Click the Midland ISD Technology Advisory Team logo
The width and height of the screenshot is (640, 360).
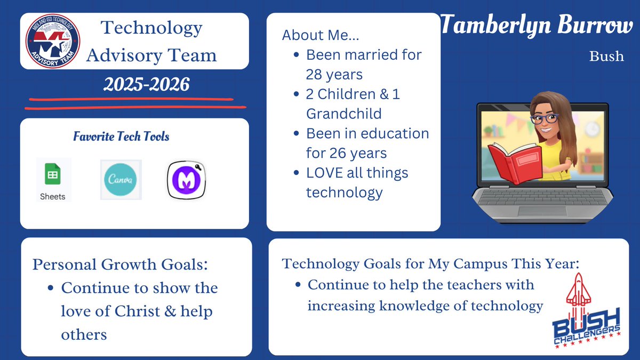click(52, 41)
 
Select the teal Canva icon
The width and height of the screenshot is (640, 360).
click(121, 180)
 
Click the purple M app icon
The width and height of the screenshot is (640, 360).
click(187, 181)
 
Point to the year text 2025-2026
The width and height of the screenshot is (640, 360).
click(146, 84)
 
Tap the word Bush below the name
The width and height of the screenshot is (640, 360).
click(606, 56)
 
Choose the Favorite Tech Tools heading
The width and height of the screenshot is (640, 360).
click(121, 137)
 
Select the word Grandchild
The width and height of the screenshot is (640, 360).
click(343, 113)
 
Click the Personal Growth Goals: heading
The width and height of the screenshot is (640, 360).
click(119, 264)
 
